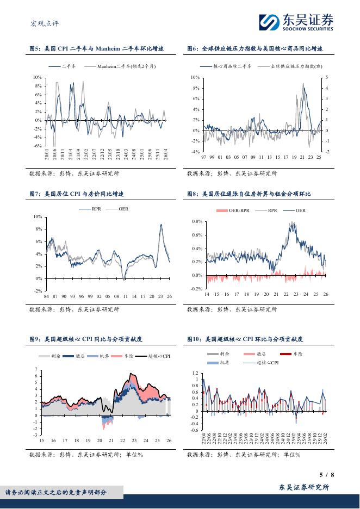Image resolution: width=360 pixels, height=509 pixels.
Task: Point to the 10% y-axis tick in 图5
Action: (x=38, y=78)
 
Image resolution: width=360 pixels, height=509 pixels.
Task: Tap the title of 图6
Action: (x=255, y=49)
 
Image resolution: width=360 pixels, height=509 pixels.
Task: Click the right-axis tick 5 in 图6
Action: (x=326, y=78)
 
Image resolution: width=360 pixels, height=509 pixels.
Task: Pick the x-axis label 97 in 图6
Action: (x=203, y=157)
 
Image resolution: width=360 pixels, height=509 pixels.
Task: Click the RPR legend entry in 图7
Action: (x=96, y=208)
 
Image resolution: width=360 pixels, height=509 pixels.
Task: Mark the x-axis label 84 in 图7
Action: (x=47, y=296)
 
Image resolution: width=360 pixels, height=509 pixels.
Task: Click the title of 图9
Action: (x=86, y=339)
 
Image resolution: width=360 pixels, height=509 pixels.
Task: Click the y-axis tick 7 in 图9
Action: (x=36, y=370)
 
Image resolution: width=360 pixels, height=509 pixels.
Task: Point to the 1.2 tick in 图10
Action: (x=194, y=374)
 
